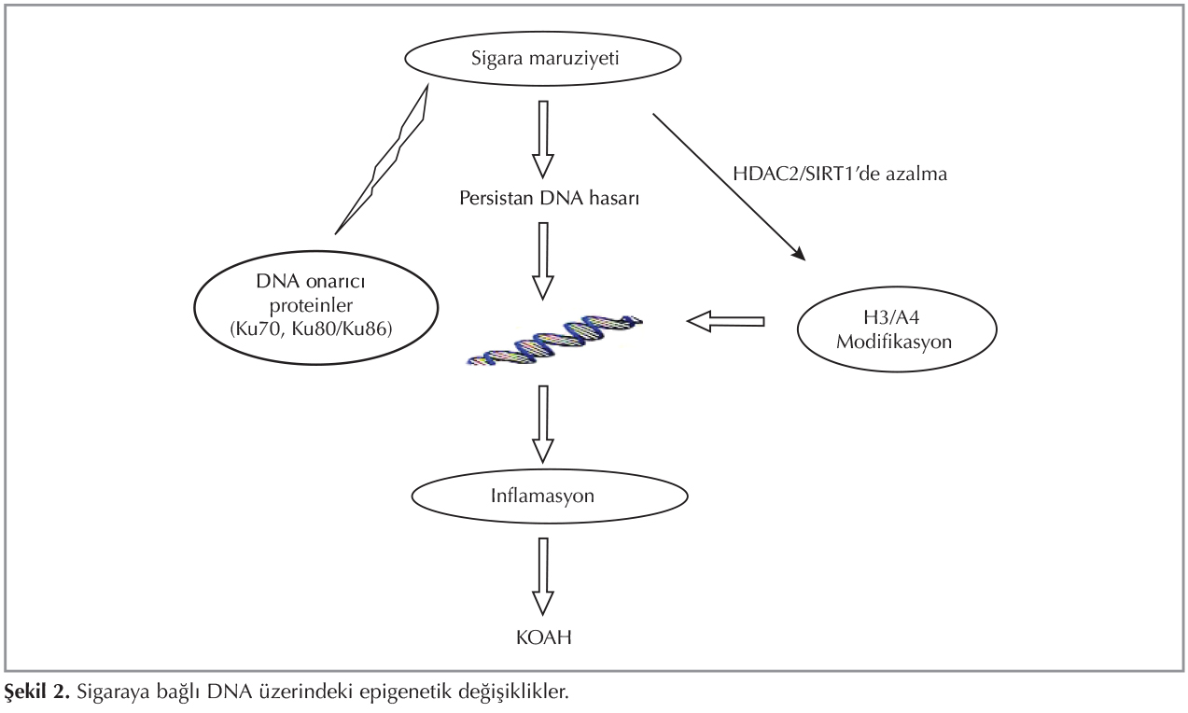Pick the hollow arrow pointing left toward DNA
725,322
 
